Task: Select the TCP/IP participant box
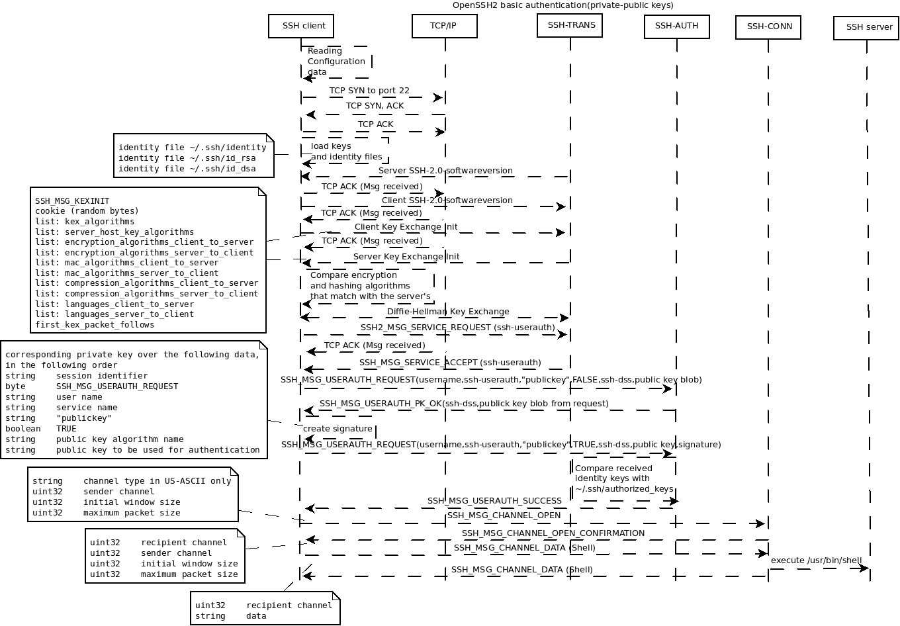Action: pyautogui.click(x=443, y=26)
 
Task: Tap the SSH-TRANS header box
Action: pyautogui.click(x=570, y=25)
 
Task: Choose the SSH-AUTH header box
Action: pyautogui.click(x=676, y=26)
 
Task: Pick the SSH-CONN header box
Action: pyautogui.click(x=768, y=26)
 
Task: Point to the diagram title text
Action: pyautogui.click(x=562, y=5)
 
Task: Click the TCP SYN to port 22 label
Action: pyautogui.click(x=369, y=90)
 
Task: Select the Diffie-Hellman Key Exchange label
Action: pyautogui.click(x=448, y=312)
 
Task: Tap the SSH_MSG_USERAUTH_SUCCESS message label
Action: pyautogui.click(x=494, y=501)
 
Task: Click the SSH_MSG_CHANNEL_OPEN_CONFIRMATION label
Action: pyautogui.click(x=553, y=533)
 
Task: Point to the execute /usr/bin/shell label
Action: pyautogui.click(x=816, y=560)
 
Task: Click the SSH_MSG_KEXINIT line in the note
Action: pyautogui.click(x=72, y=201)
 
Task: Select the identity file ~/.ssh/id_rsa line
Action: pyautogui.click(x=187, y=158)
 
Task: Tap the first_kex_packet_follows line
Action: pyautogui.click(x=94, y=325)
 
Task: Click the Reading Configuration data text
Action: pyautogui.click(x=336, y=62)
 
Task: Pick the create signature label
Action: pyautogui.click(x=337, y=429)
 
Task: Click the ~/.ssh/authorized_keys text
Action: pyautogui.click(x=623, y=489)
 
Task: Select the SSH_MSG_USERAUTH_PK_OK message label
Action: pyautogui.click(x=463, y=404)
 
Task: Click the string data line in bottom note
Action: pyautogui.click(x=230, y=616)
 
